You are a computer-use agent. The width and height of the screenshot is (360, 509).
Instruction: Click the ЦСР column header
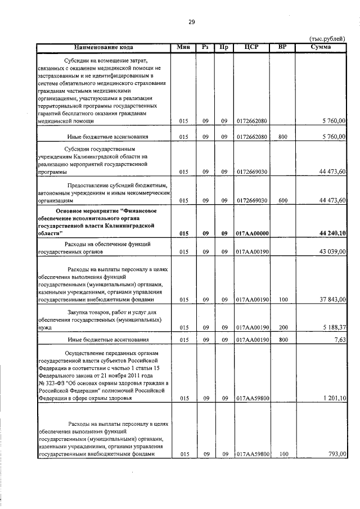pyautogui.click(x=251, y=47)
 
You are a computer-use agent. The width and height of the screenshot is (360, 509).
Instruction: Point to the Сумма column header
pyautogui.click(x=321, y=47)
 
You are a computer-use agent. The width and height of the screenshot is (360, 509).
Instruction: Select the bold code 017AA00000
pyautogui.click(x=253, y=233)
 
